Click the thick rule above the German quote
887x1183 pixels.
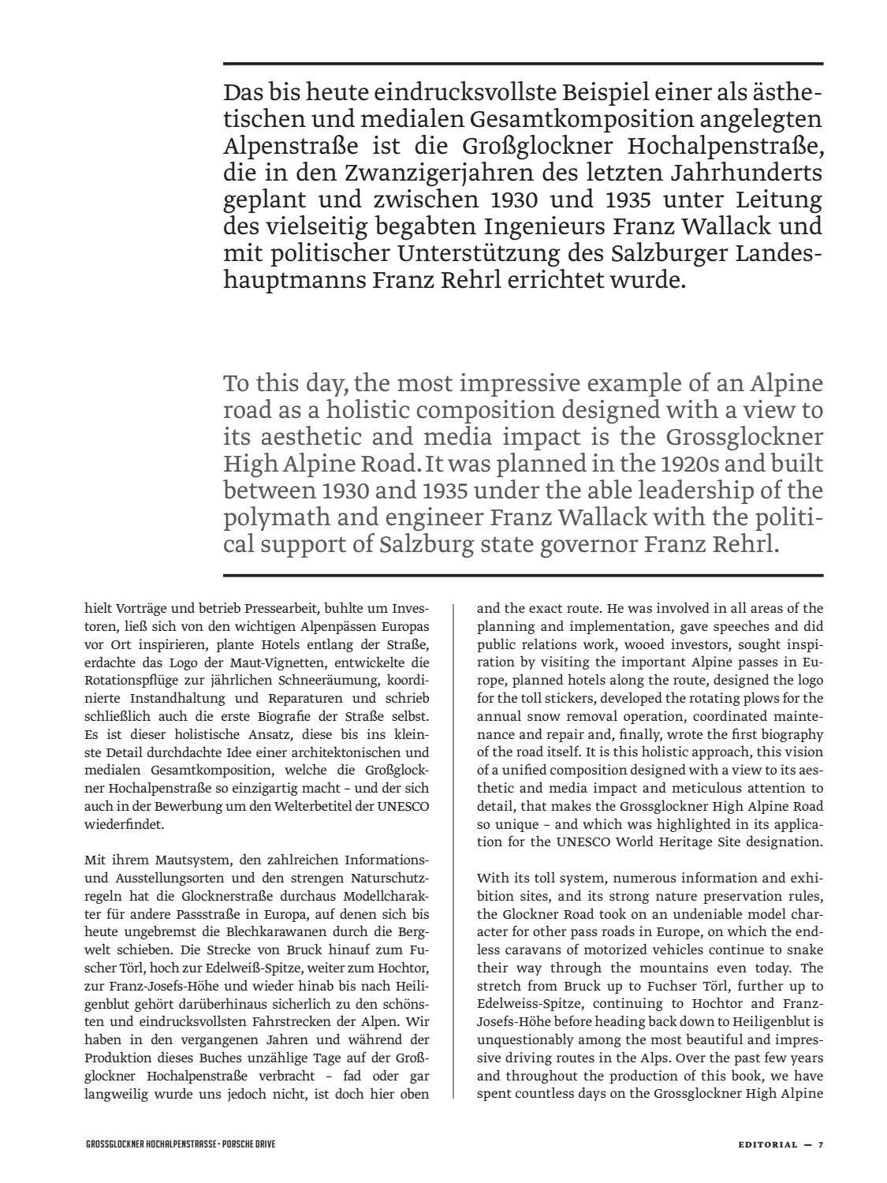pos(523,63)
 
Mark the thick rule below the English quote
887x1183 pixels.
pos(523,575)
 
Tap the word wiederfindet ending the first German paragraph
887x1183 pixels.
pos(124,825)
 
